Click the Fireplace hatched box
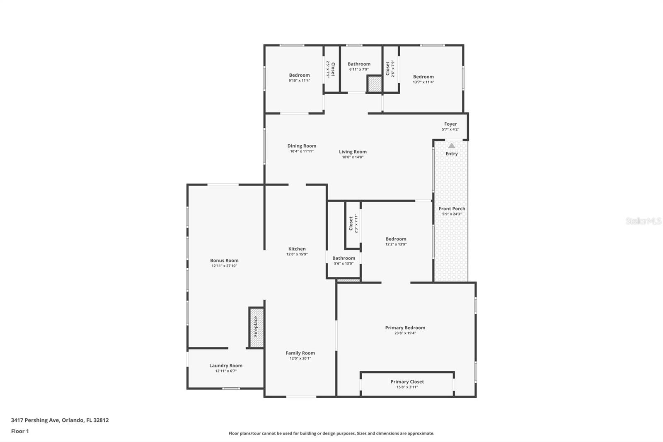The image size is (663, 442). point(256,327)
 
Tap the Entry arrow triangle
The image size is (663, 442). point(452,146)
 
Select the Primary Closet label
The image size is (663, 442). point(407,382)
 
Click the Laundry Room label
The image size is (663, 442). point(226,366)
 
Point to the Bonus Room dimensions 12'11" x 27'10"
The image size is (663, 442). point(224,266)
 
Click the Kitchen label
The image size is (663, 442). point(297,249)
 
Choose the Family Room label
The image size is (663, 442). point(300,353)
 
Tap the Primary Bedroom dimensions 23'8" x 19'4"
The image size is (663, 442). point(405,333)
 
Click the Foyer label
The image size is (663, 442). point(450,124)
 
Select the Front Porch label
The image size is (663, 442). point(452,209)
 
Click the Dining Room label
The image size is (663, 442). point(302,146)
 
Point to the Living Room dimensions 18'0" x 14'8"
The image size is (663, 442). point(353,157)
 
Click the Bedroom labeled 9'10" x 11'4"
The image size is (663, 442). point(299,75)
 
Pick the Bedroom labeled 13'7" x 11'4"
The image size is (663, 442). point(423,77)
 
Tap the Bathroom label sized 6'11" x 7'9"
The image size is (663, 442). point(359,64)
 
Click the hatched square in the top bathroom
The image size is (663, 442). point(375,84)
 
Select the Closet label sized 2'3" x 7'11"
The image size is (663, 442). point(351,223)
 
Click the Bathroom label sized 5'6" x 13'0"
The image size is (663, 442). point(344,258)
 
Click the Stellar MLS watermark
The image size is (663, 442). point(643,221)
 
